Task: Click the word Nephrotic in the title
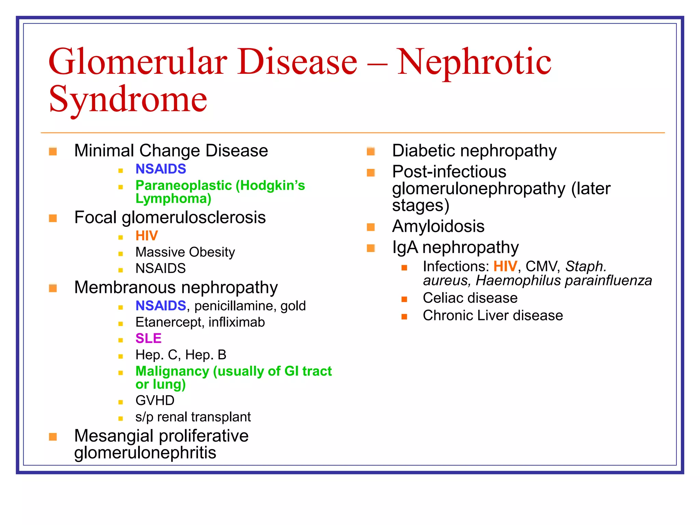[x=474, y=62]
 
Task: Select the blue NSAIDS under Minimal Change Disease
[x=161, y=169]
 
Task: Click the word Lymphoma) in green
[x=173, y=199]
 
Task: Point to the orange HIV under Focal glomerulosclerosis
[x=147, y=236]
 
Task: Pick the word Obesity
[x=212, y=252]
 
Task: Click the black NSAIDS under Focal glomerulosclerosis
[x=161, y=268]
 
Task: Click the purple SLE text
[x=148, y=338]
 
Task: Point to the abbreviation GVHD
[x=155, y=401]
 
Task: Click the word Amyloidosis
[x=438, y=226]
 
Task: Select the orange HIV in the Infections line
[x=505, y=267]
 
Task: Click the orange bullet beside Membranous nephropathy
[x=53, y=288]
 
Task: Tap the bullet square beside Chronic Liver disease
[x=404, y=317]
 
